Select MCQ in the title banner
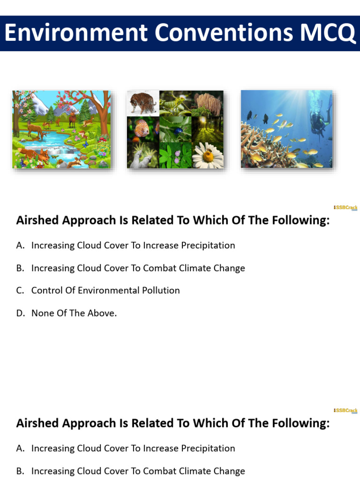[x=327, y=34]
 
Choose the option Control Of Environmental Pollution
[x=105, y=291]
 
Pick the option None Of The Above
[x=74, y=313]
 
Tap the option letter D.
[x=20, y=313]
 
